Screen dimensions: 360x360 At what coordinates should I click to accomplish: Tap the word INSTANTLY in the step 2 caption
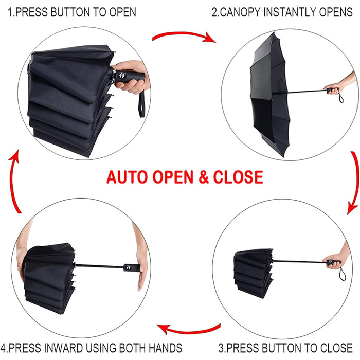point(290,12)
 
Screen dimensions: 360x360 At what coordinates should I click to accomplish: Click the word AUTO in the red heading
point(128,177)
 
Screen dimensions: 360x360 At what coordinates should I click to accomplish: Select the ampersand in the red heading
point(204,177)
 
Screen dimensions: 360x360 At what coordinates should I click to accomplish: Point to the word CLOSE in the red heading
point(238,177)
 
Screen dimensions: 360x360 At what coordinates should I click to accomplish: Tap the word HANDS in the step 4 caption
point(165,348)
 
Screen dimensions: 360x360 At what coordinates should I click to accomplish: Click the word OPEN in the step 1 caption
point(122,12)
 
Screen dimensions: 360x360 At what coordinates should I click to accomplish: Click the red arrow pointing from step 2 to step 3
point(356,183)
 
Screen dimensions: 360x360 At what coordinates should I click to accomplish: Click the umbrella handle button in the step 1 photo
point(122,75)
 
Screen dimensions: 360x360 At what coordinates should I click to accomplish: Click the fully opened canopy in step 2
point(269,94)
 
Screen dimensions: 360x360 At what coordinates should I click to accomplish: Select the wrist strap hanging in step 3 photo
point(342,274)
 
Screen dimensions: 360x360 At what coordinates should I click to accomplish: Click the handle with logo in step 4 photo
point(132,268)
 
